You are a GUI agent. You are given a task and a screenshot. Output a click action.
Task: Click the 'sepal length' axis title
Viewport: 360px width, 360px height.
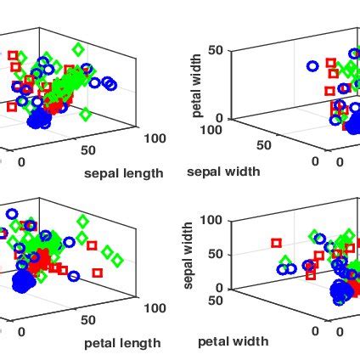click(123, 173)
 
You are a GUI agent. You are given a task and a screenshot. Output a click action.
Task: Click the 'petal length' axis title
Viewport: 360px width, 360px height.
click(121, 343)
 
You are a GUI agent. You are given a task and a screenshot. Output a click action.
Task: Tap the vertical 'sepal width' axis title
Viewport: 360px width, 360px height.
click(188, 255)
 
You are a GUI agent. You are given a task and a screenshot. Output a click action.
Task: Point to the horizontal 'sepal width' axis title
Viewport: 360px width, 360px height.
click(222, 171)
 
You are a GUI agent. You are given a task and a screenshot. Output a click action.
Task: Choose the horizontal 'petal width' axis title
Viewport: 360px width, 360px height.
click(233, 341)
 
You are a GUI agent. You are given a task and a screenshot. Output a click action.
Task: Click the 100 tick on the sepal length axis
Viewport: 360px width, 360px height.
click(155, 138)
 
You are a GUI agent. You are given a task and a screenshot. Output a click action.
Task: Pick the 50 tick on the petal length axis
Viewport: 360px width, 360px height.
click(87, 320)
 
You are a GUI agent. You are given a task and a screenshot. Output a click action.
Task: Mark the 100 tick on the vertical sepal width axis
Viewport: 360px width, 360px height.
click(211, 220)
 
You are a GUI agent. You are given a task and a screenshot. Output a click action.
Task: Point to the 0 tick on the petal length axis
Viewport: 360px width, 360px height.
click(21, 330)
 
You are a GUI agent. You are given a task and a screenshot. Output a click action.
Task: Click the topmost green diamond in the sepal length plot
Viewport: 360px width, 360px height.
click(78, 50)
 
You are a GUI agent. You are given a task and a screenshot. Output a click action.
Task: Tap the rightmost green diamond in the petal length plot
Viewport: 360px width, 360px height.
click(117, 260)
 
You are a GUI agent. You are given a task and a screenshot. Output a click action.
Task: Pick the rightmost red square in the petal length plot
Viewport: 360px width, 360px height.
click(98, 273)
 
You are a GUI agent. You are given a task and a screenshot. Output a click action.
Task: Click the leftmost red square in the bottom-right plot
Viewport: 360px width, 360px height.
click(276, 243)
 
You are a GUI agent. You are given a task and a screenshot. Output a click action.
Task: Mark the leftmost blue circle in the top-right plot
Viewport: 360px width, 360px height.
click(312, 64)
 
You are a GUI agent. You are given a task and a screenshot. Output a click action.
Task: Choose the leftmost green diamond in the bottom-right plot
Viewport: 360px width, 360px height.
click(286, 262)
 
